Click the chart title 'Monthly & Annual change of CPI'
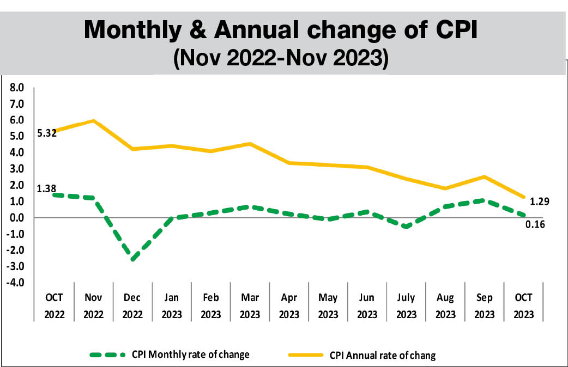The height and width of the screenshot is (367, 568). [x=280, y=30]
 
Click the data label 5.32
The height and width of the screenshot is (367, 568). [x=46, y=132]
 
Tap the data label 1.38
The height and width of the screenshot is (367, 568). [x=46, y=189]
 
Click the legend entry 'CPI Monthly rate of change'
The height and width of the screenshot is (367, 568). [x=190, y=354]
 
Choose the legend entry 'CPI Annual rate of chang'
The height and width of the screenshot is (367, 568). [x=383, y=356]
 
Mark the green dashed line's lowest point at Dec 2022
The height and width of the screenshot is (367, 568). [x=132, y=259]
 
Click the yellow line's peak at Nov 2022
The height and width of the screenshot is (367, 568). [x=94, y=121]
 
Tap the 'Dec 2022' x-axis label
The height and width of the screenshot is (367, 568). [x=132, y=307]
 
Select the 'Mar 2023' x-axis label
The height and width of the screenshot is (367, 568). [x=250, y=307]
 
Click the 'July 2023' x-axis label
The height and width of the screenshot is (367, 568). [x=406, y=307]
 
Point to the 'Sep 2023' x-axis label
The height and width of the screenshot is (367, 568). [x=485, y=307]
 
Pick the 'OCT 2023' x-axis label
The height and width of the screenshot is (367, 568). [x=524, y=307]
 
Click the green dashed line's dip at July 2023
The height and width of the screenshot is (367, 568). [x=406, y=227]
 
